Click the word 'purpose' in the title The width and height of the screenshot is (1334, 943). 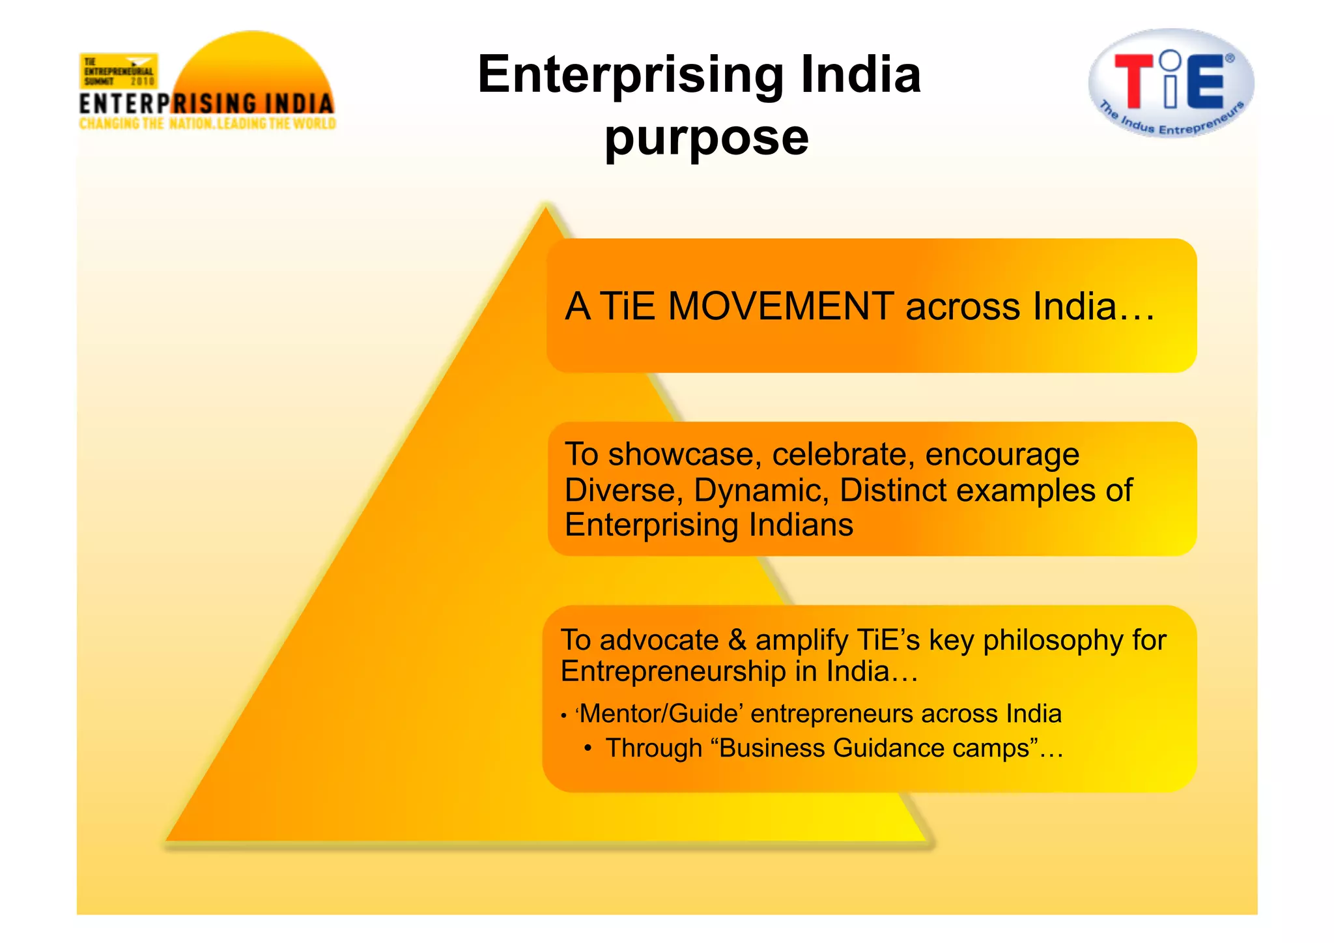tap(707, 139)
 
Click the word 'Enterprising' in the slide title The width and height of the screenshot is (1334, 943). tap(631, 75)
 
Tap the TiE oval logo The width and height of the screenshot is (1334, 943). tap(1171, 83)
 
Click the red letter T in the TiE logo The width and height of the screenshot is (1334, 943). tap(1134, 81)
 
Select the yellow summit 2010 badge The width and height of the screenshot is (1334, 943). tap(119, 71)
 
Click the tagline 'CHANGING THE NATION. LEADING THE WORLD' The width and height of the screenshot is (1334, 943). tap(207, 124)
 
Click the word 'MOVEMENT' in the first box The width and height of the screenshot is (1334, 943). tap(780, 306)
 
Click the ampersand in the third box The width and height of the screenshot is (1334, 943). tap(737, 640)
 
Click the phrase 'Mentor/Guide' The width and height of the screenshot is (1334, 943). tap(660, 714)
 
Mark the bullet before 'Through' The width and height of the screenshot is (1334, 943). tap(588, 748)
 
